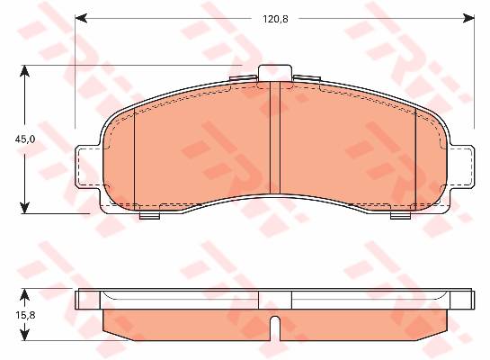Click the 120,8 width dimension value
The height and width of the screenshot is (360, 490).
(x=275, y=19)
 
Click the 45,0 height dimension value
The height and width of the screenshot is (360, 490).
(x=25, y=139)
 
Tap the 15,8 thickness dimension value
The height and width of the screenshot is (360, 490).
(x=25, y=315)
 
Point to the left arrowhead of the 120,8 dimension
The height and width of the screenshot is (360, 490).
(x=81, y=18)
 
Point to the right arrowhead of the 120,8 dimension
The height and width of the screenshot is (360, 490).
(x=468, y=18)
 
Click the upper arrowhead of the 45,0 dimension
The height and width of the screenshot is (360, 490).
(x=24, y=71)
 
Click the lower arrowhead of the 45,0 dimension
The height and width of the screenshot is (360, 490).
(x=24, y=208)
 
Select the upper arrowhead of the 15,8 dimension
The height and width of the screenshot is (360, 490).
(x=24, y=294)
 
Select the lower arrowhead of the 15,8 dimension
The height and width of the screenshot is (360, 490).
(x=24, y=335)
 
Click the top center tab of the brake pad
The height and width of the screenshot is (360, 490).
(x=275, y=73)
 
